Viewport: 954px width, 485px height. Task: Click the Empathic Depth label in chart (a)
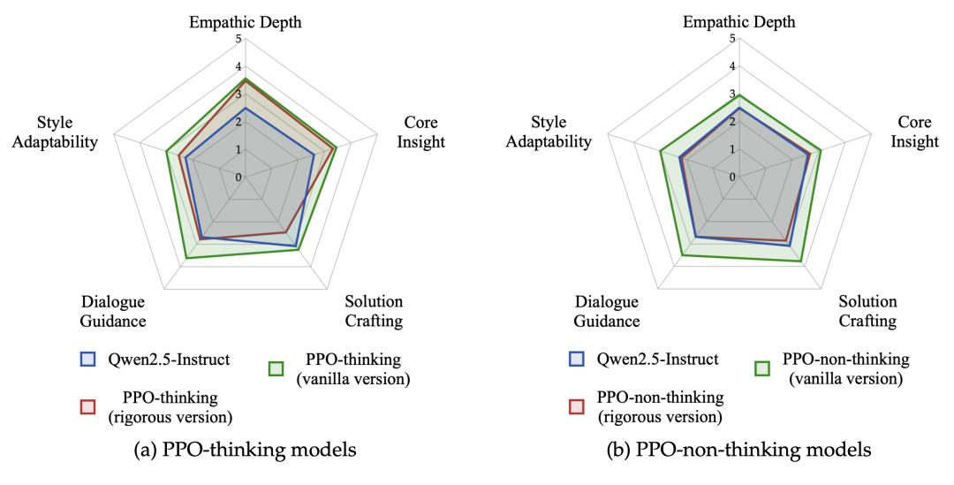pyautogui.click(x=246, y=22)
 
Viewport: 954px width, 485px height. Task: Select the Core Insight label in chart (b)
pyautogui.click(x=914, y=132)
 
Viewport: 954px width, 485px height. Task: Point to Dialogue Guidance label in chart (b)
pyautogui.click(x=607, y=311)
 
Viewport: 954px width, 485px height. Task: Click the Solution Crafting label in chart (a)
pyautogui.click(x=375, y=311)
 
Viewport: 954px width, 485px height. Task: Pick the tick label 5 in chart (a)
pyautogui.click(x=238, y=38)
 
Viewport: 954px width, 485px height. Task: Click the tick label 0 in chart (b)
pyautogui.click(x=732, y=177)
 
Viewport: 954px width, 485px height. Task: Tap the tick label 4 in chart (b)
pyautogui.click(x=732, y=66)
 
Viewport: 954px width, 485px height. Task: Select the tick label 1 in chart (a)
pyautogui.click(x=238, y=149)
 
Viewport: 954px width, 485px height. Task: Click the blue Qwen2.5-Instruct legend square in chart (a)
pyautogui.click(x=87, y=359)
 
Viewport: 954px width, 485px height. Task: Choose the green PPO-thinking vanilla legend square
pyautogui.click(x=276, y=368)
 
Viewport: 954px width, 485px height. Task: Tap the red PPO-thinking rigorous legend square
pyautogui.click(x=87, y=406)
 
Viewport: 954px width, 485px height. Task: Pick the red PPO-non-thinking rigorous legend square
pyautogui.click(x=576, y=406)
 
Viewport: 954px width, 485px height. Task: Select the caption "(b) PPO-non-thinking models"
pyautogui.click(x=738, y=451)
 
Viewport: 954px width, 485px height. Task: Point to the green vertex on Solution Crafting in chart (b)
pyautogui.click(x=800, y=261)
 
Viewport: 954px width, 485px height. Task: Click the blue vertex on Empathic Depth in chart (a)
pyautogui.click(x=246, y=109)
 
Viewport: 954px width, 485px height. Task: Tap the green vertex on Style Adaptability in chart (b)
pyautogui.click(x=661, y=152)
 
